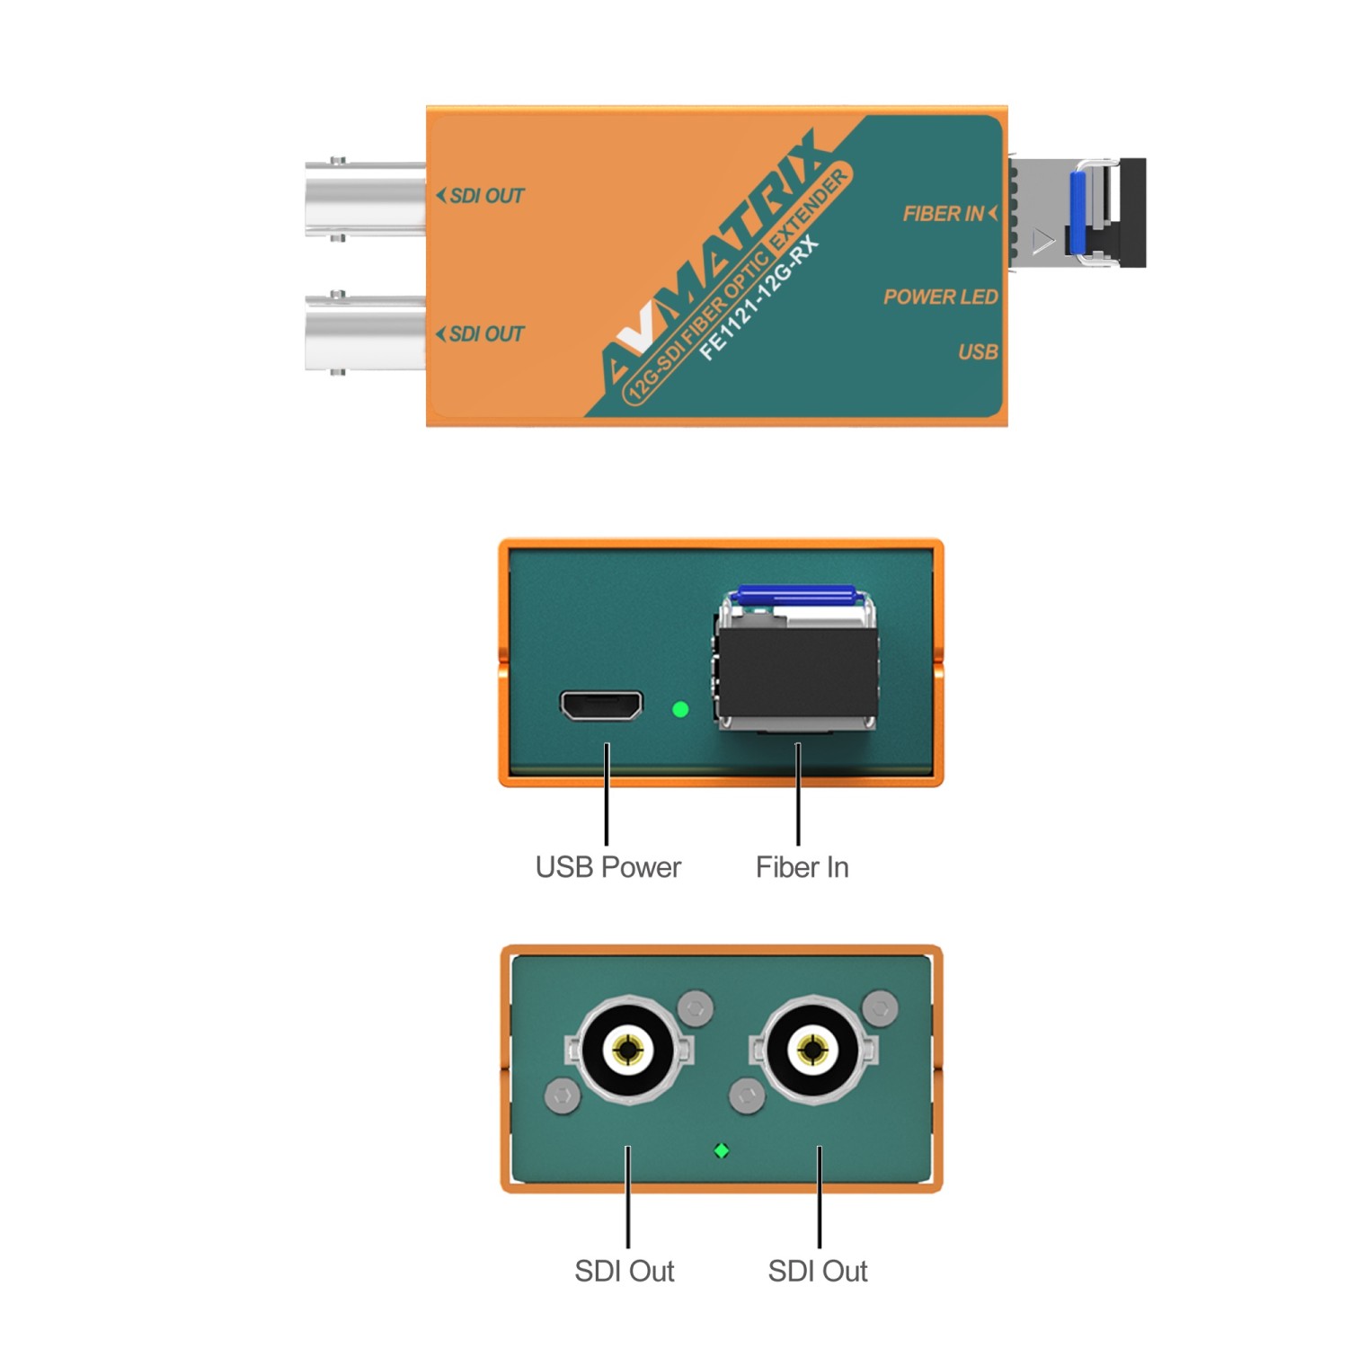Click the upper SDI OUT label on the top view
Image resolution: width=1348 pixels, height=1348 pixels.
tap(486, 196)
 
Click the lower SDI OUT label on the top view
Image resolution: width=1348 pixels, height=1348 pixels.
tap(486, 334)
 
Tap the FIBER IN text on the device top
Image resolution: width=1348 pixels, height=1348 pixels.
tap(943, 214)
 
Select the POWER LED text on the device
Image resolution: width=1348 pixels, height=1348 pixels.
tap(940, 297)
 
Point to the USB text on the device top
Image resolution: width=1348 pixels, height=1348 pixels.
tap(978, 351)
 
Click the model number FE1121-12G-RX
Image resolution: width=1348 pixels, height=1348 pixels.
tap(758, 297)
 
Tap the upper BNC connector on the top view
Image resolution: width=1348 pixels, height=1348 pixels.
tap(365, 200)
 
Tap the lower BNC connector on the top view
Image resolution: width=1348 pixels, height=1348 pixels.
tap(365, 333)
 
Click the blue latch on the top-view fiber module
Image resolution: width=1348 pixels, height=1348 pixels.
tap(1078, 212)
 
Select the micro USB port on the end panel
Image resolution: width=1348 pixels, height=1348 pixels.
tap(601, 705)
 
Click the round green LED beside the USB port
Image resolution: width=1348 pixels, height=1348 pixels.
tap(680, 709)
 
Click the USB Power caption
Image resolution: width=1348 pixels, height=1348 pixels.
tap(608, 867)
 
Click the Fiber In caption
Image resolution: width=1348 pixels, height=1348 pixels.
tap(803, 867)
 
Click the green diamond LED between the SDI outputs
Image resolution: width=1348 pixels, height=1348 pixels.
tap(721, 1150)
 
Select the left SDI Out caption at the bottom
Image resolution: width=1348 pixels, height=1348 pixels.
tap(625, 1271)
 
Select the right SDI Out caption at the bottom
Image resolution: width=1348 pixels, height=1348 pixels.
tap(818, 1271)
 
